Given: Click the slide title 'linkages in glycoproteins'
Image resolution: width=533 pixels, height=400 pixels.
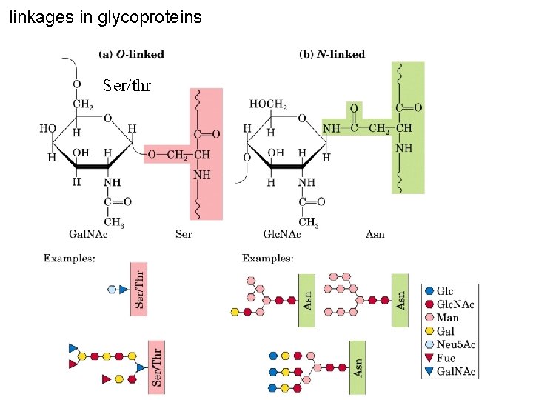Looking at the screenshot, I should point(105,16).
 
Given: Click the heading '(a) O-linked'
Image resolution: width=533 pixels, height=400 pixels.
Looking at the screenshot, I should point(131,54).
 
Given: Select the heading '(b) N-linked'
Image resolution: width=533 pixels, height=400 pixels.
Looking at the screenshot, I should point(332,54).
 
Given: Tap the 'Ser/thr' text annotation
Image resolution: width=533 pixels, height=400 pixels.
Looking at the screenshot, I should point(127,86).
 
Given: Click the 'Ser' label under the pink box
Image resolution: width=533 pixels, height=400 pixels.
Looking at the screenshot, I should point(184,234).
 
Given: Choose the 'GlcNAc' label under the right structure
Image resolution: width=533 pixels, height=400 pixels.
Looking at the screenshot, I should point(282,234).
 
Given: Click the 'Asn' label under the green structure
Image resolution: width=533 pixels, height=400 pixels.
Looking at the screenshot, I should point(375,234).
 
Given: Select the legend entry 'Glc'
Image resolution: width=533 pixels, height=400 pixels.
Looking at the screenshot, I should point(445,291).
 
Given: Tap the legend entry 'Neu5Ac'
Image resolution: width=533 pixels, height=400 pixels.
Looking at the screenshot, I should point(455,344).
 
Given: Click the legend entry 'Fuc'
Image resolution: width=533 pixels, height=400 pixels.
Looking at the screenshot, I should point(446,358).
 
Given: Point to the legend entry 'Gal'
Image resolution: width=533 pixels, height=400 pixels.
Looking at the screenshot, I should point(446,331).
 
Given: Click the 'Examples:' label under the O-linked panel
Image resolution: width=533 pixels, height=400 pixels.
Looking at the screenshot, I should point(69,258).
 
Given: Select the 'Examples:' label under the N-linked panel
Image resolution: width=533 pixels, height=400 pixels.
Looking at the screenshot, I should point(268,258).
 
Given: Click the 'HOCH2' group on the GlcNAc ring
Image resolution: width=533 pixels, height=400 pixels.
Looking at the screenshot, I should point(268,104).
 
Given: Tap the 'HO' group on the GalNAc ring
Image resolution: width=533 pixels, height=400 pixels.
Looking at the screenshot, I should point(47,129).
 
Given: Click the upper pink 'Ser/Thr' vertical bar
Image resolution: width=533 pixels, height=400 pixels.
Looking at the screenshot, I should point(138,289).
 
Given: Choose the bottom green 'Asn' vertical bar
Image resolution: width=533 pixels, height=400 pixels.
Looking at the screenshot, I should point(358,367).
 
